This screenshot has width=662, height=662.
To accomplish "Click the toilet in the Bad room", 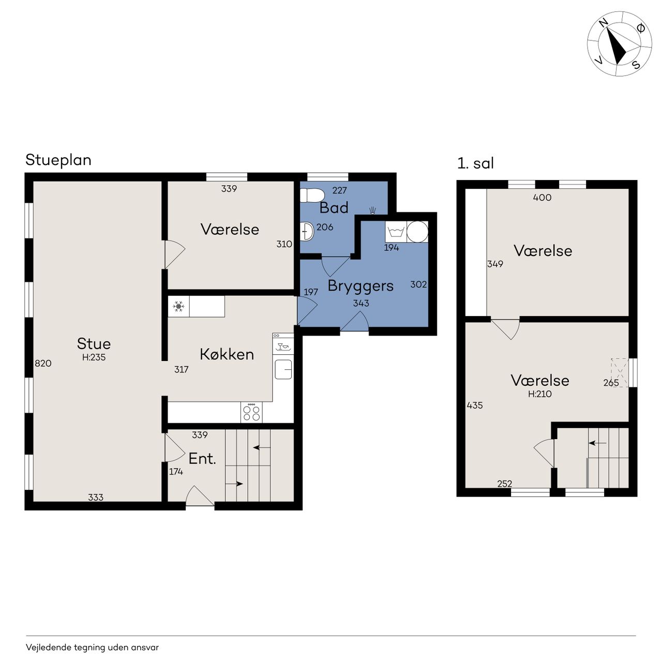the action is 311,195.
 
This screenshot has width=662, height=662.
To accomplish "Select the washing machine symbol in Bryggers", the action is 396,232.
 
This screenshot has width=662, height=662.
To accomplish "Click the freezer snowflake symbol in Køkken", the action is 178,306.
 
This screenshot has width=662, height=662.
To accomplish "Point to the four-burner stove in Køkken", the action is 251,412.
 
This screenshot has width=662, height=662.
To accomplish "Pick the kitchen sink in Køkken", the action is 283,369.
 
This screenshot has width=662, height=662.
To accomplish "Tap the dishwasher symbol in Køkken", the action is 283,344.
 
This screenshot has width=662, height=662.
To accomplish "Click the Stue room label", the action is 94,343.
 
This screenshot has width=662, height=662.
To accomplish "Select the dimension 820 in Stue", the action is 43,363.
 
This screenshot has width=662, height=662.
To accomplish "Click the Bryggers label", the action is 360,286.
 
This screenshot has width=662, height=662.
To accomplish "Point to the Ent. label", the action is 202,459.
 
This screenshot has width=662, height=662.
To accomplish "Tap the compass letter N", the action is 604,23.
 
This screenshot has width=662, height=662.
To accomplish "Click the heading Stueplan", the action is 58,160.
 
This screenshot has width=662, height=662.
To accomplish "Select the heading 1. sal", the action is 475,163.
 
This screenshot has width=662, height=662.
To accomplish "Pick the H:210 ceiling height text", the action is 540,394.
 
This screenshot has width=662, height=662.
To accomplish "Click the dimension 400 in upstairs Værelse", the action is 542,197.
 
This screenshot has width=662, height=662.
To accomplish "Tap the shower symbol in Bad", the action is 373,210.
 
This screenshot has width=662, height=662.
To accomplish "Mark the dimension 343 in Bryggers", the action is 361,303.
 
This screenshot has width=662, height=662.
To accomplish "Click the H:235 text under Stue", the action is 94,357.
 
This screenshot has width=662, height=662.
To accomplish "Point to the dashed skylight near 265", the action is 620,373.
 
